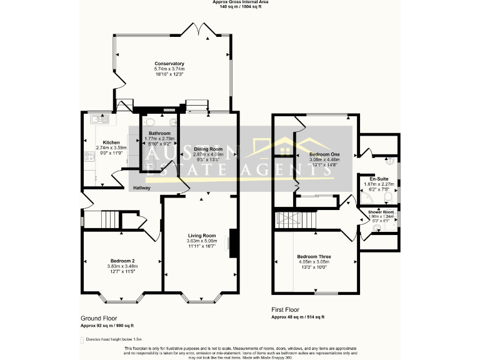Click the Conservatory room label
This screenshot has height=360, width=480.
pos(169,64)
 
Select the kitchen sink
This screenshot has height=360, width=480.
pos(97,119)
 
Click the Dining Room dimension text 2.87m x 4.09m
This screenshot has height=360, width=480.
pos(207,155)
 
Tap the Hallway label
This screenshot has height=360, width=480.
pos(141,187)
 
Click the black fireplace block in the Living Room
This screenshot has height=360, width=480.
pos(233,243)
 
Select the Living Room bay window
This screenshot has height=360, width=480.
pos(201,298)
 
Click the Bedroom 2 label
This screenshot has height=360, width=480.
pos(122,261)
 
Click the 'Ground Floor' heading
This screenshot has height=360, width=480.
pos(99,318)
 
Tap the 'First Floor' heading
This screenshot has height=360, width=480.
pos(286,309)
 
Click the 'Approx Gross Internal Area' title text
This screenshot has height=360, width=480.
pos(240,2)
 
